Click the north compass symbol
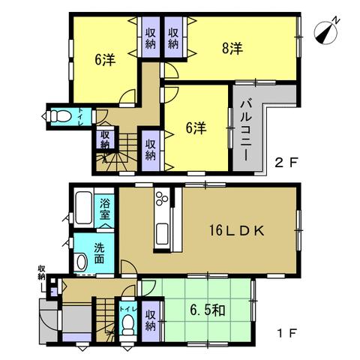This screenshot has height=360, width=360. pos(326,32)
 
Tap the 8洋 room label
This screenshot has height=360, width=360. pos(232,48)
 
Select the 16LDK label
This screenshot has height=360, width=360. pos(237,231)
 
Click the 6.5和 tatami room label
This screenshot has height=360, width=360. pos(208,310)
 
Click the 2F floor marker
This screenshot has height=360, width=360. pos(286,163)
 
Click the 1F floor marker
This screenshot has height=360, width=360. pos(286,333)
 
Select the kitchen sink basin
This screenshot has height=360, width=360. pos(162,234)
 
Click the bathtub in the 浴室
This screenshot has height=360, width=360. pos(84,208)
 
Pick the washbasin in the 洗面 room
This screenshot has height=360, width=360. pos(81,262)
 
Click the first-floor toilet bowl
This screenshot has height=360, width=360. pos(129,324)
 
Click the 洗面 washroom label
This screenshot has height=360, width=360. pos(99,253)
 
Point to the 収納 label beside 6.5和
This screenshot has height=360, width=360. pos(150,321)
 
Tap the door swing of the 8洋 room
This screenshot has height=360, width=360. pos(171,70)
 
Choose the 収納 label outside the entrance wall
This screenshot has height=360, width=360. pos(41,272)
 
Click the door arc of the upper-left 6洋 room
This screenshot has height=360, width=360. pos(127,96)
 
